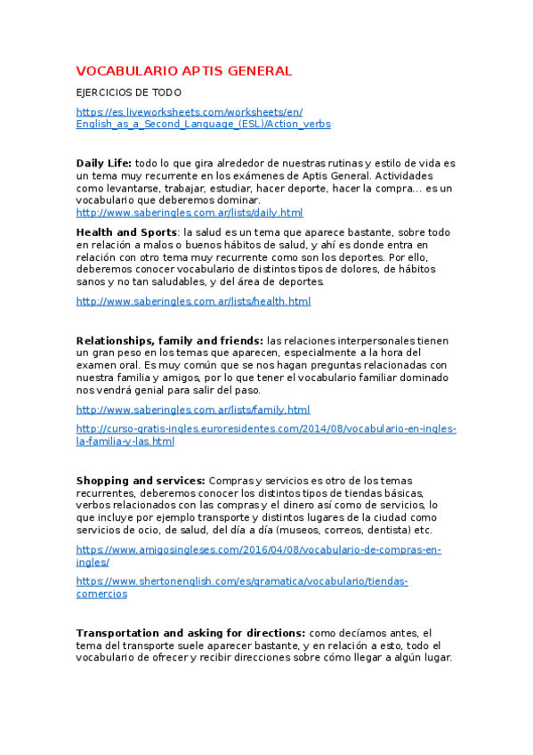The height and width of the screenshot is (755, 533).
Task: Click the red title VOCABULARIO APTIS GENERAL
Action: click(x=184, y=71)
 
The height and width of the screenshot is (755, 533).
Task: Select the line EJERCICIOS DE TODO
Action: click(x=129, y=93)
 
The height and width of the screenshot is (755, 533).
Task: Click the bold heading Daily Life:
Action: click(x=104, y=164)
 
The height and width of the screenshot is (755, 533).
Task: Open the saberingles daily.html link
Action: click(x=190, y=214)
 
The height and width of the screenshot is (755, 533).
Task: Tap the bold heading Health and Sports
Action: click(x=126, y=232)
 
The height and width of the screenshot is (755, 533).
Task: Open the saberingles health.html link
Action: click(x=193, y=302)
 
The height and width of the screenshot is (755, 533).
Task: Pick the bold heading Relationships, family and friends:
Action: click(x=170, y=341)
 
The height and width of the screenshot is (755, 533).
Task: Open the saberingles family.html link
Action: click(x=193, y=410)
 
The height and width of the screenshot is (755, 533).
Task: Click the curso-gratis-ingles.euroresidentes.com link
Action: click(x=266, y=429)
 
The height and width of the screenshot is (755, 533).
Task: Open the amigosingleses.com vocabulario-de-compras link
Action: click(x=259, y=550)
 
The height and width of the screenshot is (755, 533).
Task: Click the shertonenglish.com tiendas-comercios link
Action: click(x=242, y=581)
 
